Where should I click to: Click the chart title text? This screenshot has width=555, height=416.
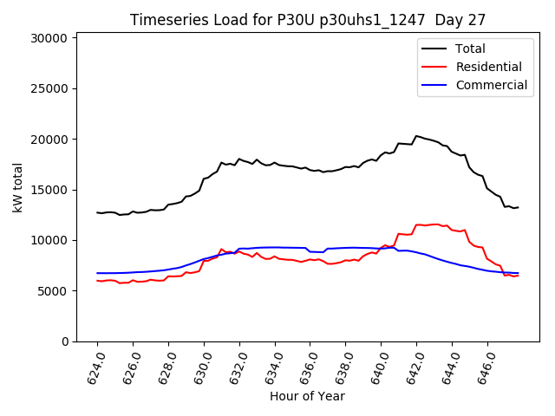point(308,20)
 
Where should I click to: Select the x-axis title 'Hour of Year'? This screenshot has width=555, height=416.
point(307,396)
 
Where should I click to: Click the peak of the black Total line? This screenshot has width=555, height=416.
point(417,135)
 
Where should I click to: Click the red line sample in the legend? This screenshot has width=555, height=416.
point(434,67)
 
